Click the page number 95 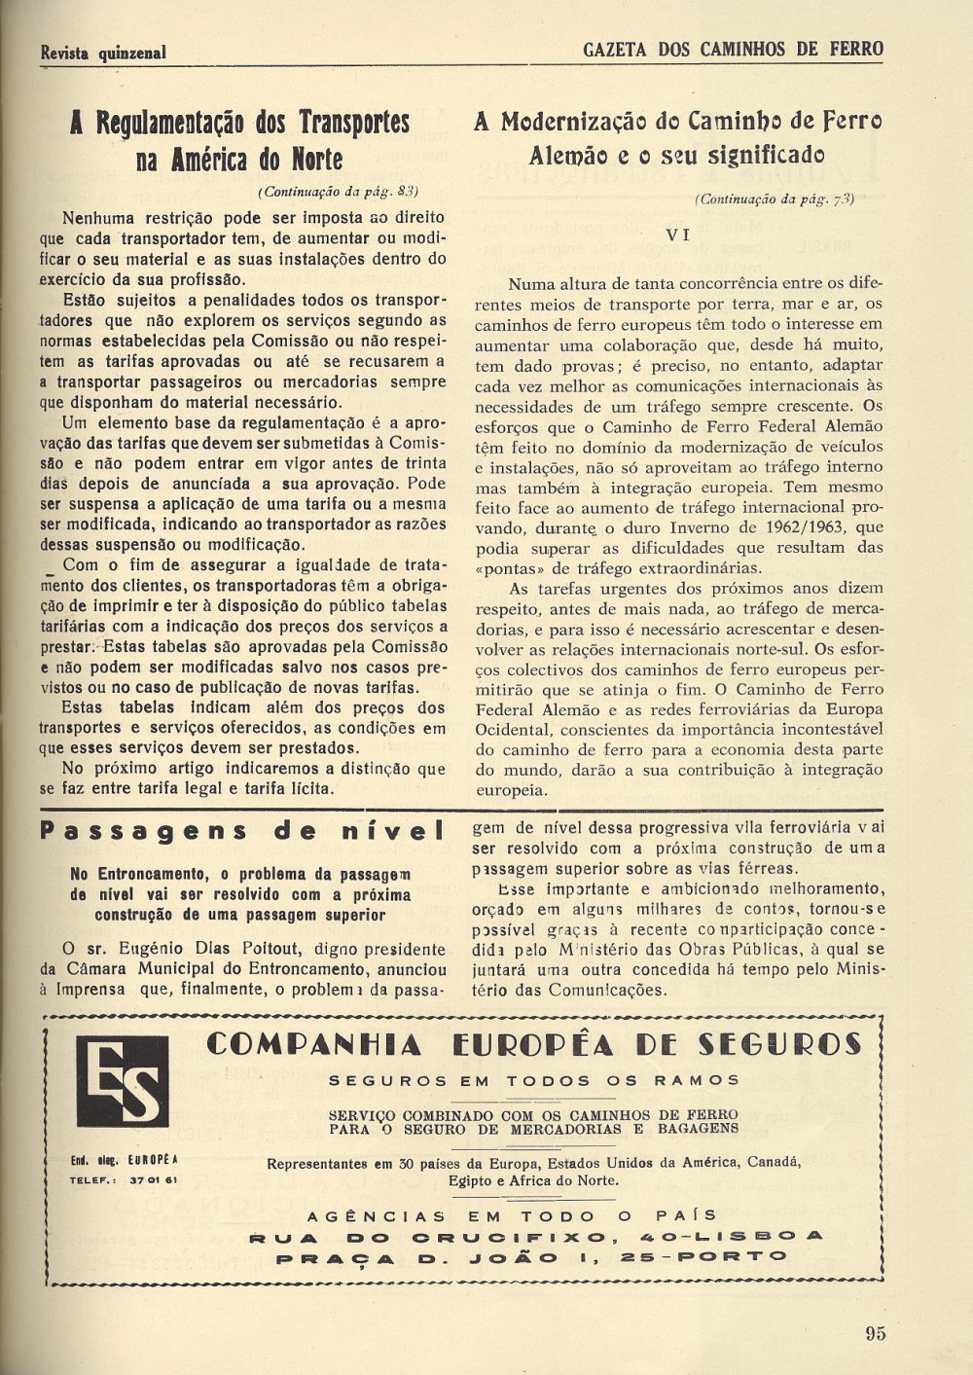[x=875, y=1333]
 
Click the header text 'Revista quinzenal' [x=103, y=53]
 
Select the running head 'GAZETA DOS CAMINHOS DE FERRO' [x=733, y=50]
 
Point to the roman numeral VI [x=678, y=235]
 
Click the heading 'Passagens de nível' [x=242, y=831]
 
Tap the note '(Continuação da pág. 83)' [x=339, y=191]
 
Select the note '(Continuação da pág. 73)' [x=775, y=199]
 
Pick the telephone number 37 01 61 [x=150, y=1180]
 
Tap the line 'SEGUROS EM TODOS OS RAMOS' [x=534, y=1080]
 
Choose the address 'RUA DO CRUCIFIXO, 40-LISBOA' [x=536, y=1237]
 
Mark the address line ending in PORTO [x=532, y=1257]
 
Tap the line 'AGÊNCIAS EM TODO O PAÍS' [x=512, y=1215]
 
